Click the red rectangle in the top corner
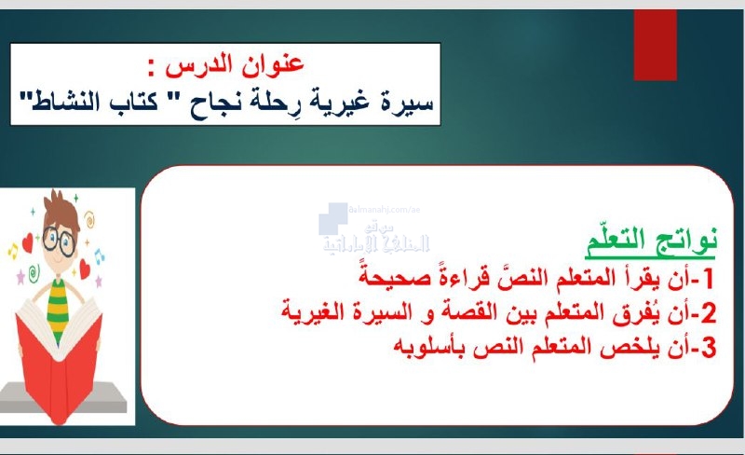656,45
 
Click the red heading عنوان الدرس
235,65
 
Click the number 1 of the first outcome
709,279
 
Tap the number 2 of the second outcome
709,313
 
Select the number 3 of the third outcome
709,348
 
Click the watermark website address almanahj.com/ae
385,210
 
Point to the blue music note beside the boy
99,256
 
